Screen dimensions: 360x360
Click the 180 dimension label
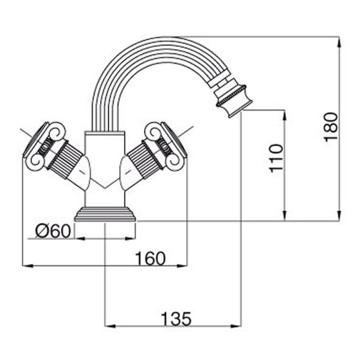point(331,127)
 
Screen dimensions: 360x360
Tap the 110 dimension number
point(276,158)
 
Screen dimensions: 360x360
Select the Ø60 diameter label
point(53,231)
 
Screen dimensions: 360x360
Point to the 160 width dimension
point(150,258)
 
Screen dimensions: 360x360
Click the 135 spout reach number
point(176,319)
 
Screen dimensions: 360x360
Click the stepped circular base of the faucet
point(105,214)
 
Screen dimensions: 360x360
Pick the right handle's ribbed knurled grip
point(144,160)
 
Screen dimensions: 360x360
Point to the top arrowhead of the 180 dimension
point(339,42)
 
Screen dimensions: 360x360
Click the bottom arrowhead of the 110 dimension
point(284,216)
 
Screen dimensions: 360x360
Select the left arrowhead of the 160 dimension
point(27,266)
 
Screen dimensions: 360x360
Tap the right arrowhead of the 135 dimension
point(236,326)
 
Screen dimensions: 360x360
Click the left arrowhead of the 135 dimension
point(110,326)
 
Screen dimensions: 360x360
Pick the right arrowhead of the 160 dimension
point(182,266)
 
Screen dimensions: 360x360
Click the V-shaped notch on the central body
point(105,184)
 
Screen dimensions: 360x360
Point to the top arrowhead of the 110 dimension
point(284,115)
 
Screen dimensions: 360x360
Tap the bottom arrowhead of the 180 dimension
point(339,216)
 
